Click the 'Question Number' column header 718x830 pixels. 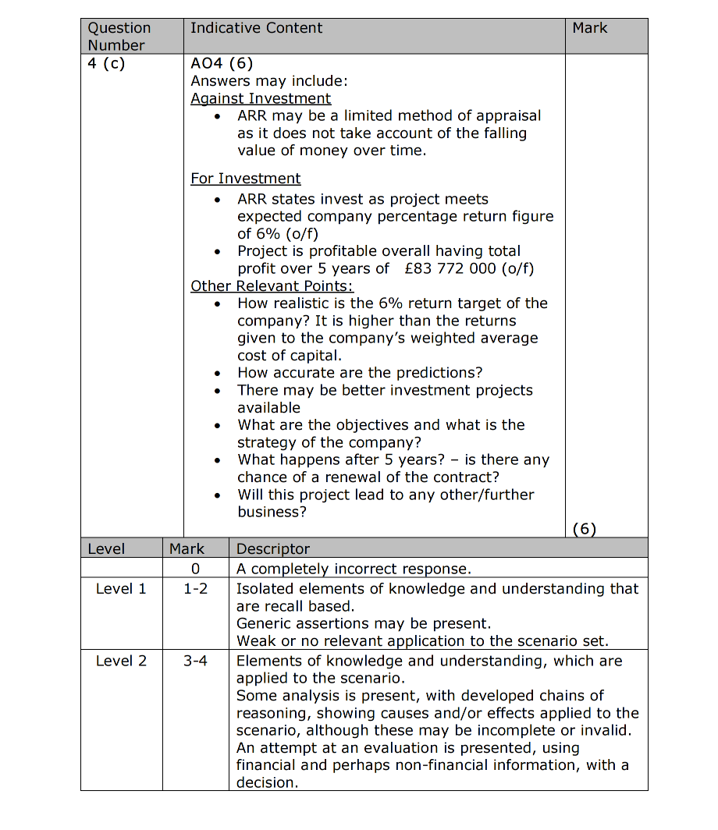[119, 37]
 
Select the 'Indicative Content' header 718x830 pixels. [256, 28]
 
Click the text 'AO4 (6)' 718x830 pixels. [222, 64]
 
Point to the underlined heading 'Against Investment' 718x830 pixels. [261, 98]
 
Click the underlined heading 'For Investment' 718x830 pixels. [245, 179]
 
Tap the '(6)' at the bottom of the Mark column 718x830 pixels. [584, 529]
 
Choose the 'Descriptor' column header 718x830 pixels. [272, 548]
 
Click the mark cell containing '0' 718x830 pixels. [195, 569]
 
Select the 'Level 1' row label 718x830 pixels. [121, 588]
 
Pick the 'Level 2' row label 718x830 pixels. [121, 661]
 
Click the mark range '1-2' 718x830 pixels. [195, 588]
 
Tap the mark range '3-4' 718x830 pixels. [195, 661]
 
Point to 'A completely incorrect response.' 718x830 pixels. [354, 569]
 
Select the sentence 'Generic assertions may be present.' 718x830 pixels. [364, 623]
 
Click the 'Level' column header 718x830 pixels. [106, 548]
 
